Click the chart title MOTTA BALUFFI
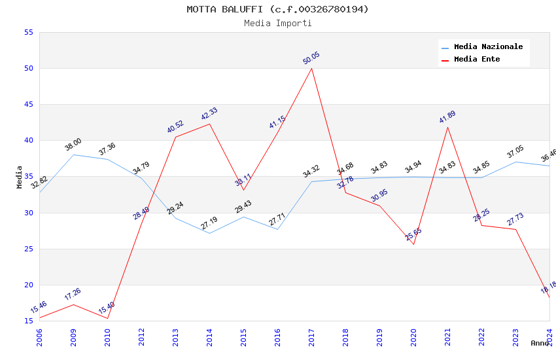[x=277, y=9]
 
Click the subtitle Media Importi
[x=277, y=24]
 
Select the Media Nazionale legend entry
[x=488, y=47]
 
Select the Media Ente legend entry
[x=477, y=60]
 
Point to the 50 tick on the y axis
[x=28, y=68]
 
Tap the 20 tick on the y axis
[x=28, y=285]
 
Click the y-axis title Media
[x=20, y=177]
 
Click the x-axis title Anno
[x=540, y=343]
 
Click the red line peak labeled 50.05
[x=311, y=68]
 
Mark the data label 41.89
[x=447, y=117]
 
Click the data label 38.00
[x=73, y=145]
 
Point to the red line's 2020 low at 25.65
[x=413, y=244]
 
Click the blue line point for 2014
[x=209, y=233]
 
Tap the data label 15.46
[x=39, y=307]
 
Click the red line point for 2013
[x=175, y=137]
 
